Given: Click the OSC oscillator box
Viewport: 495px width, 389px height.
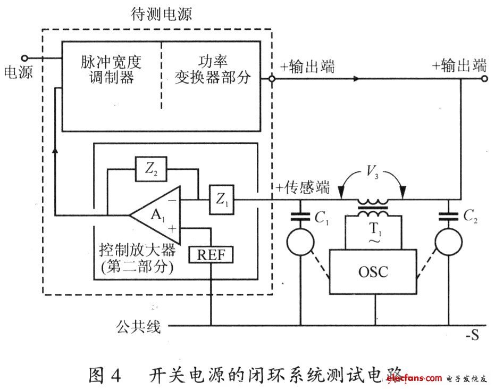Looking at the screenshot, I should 373,272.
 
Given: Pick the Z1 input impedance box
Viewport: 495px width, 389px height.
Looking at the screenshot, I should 221,200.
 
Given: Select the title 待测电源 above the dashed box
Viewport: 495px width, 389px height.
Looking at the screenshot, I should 162,14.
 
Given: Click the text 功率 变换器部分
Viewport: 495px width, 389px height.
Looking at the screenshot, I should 212,70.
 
